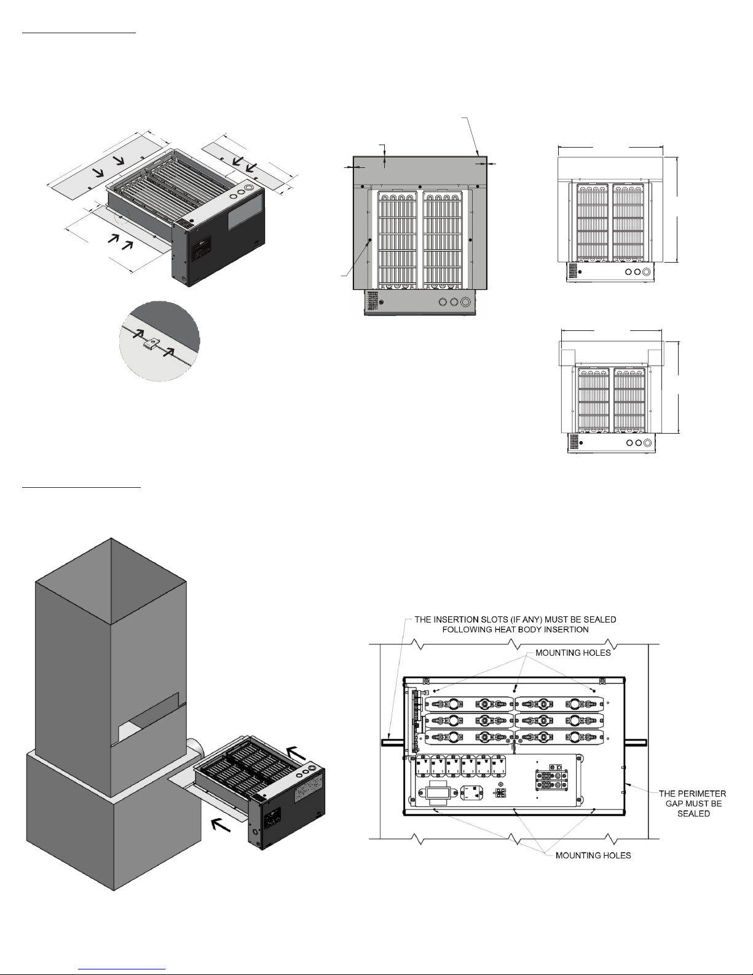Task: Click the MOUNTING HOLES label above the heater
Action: [x=573, y=653]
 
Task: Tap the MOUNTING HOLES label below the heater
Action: [x=593, y=856]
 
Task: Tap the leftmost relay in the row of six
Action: [x=424, y=766]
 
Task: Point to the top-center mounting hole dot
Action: [x=515, y=691]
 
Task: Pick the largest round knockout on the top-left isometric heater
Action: [x=249, y=187]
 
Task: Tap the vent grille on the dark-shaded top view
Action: [x=372, y=300]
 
